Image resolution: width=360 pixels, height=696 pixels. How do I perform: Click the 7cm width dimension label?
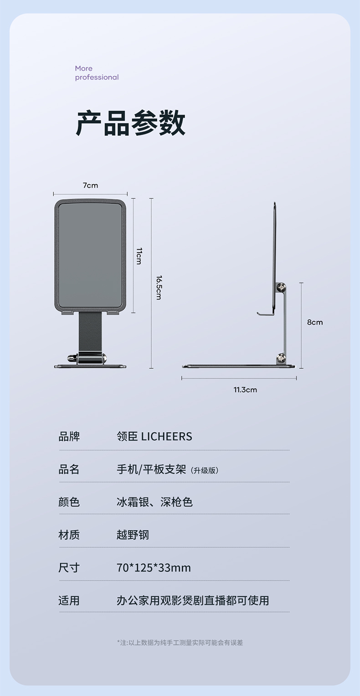(90, 186)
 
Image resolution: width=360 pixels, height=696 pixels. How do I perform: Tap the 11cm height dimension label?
(139, 256)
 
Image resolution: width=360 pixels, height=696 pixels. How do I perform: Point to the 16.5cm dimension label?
(159, 288)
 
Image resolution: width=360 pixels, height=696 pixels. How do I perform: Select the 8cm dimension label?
(314, 322)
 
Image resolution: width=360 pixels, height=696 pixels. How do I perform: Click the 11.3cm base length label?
(245, 390)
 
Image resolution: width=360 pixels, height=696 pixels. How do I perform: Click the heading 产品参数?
(131, 124)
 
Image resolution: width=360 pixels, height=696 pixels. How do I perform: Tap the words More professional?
(97, 73)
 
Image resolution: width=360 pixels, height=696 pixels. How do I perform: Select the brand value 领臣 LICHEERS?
(154, 437)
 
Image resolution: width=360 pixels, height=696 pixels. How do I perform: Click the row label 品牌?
(69, 437)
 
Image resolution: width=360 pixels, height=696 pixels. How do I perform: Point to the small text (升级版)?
(204, 470)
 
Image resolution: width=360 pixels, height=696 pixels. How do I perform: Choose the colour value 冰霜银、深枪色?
(154, 502)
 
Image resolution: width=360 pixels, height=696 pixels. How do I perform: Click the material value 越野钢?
(133, 535)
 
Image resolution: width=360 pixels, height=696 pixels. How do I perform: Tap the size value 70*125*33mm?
(154, 568)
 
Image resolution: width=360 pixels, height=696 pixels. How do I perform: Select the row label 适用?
(69, 601)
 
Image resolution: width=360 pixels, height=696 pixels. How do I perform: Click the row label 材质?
(69, 535)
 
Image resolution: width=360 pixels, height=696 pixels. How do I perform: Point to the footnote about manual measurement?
(180, 643)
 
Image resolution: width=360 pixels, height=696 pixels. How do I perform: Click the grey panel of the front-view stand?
(90, 255)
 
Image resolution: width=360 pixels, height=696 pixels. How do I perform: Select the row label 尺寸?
(69, 568)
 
